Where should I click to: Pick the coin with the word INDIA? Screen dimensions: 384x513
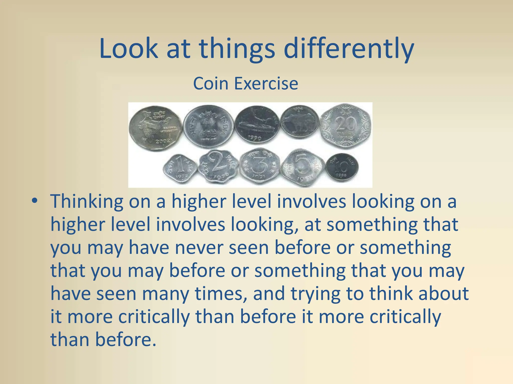[x=209, y=126]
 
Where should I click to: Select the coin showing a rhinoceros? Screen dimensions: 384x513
[x=300, y=121]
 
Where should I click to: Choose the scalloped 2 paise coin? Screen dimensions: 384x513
[x=217, y=167]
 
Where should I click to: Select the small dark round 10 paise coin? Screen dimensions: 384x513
[x=342, y=167]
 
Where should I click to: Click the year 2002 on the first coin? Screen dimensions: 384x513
[x=163, y=141]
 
